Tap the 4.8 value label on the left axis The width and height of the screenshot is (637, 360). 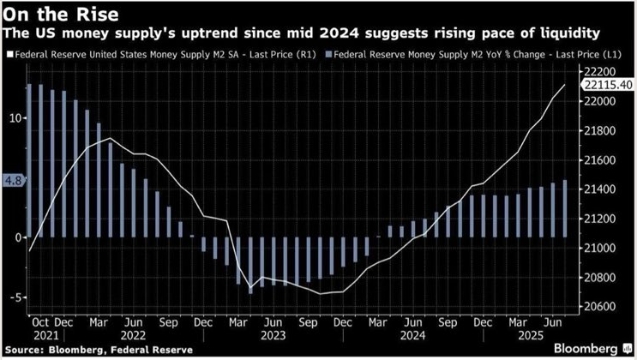click(x=14, y=181)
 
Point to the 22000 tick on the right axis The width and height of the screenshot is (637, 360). click(x=600, y=101)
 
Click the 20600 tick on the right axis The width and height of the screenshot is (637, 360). click(x=600, y=306)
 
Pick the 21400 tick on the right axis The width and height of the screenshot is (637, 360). click(x=600, y=189)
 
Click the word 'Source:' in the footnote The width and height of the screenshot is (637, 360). click(x=23, y=350)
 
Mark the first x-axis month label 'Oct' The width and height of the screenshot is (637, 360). click(x=40, y=324)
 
